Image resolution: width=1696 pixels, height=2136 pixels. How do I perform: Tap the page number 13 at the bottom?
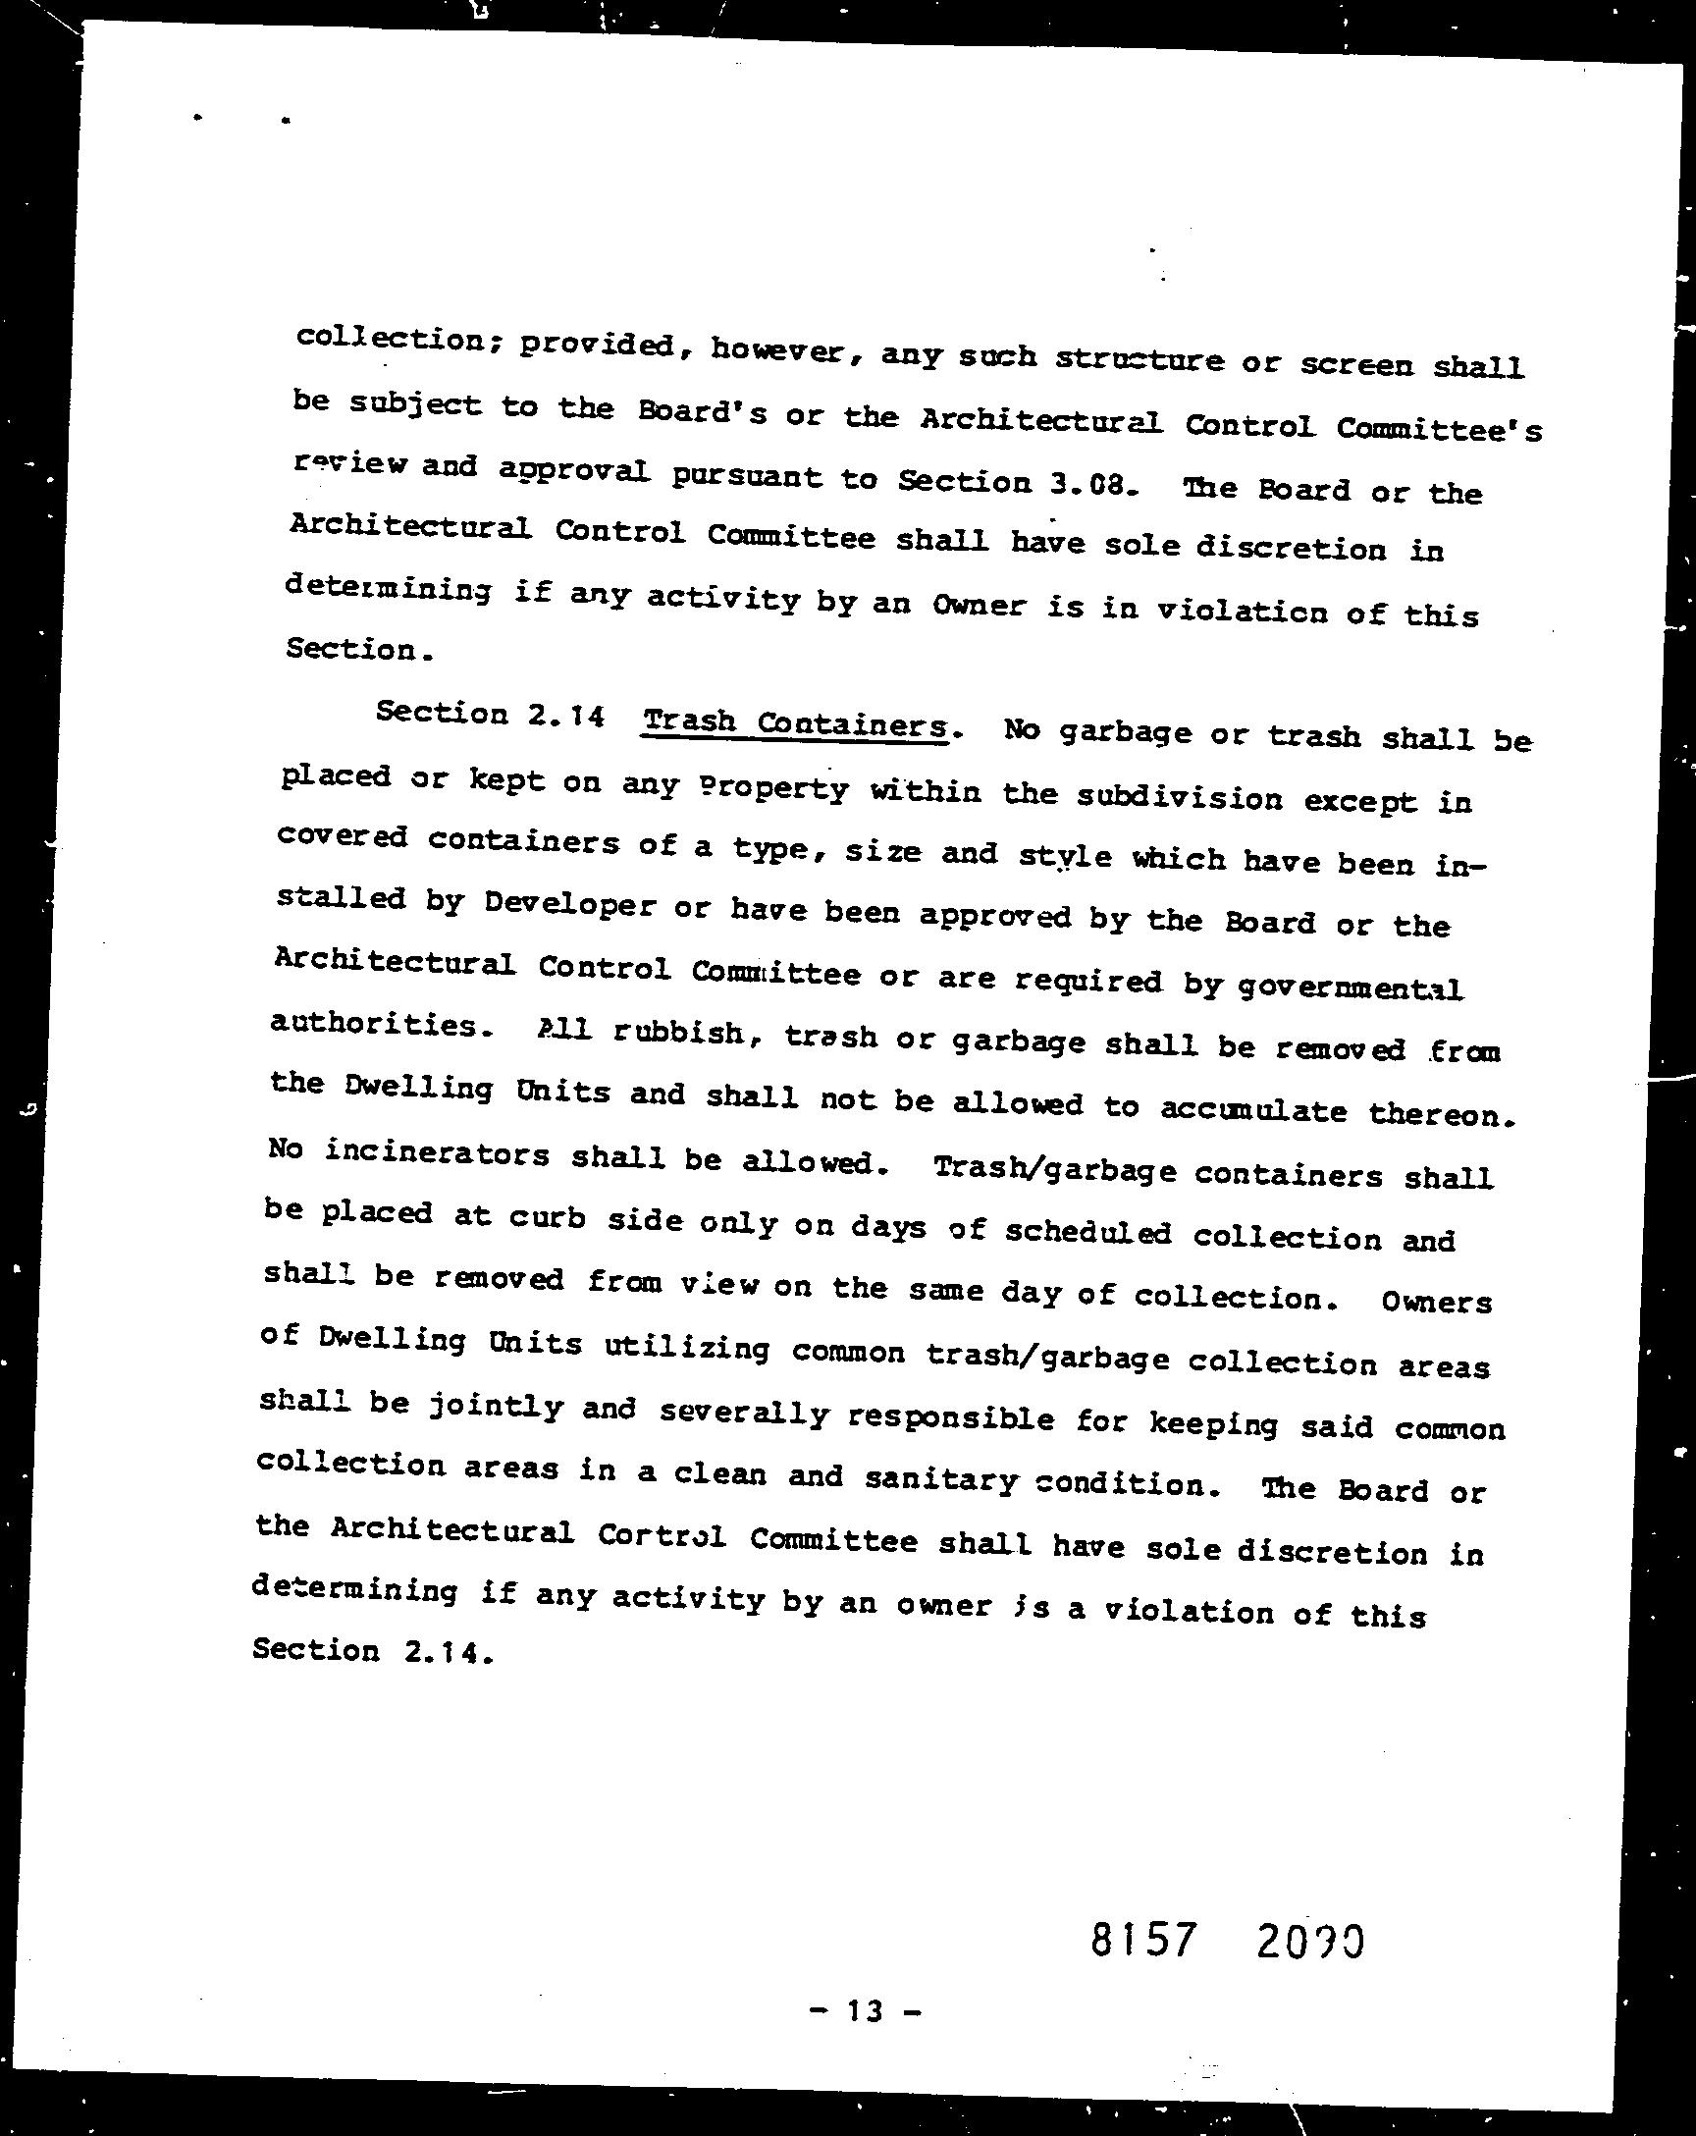point(865,2010)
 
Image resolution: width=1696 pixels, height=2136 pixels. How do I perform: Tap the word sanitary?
point(940,1479)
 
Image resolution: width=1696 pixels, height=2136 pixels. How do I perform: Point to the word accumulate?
point(1252,1109)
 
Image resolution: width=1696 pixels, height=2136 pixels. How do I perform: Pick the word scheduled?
point(1086,1234)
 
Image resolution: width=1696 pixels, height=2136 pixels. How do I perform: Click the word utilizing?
point(685,1349)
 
